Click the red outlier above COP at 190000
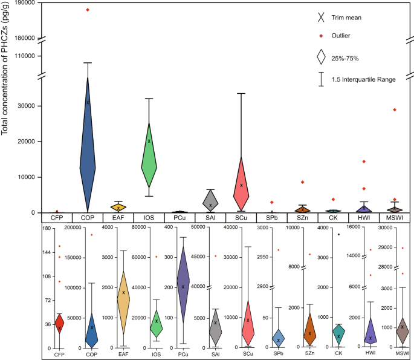[88, 10]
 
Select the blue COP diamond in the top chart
[88, 151]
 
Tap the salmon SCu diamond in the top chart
[241, 182]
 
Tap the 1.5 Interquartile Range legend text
[369, 78]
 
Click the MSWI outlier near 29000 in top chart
[395, 110]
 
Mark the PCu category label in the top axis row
[180, 217]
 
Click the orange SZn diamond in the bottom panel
[309, 332]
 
